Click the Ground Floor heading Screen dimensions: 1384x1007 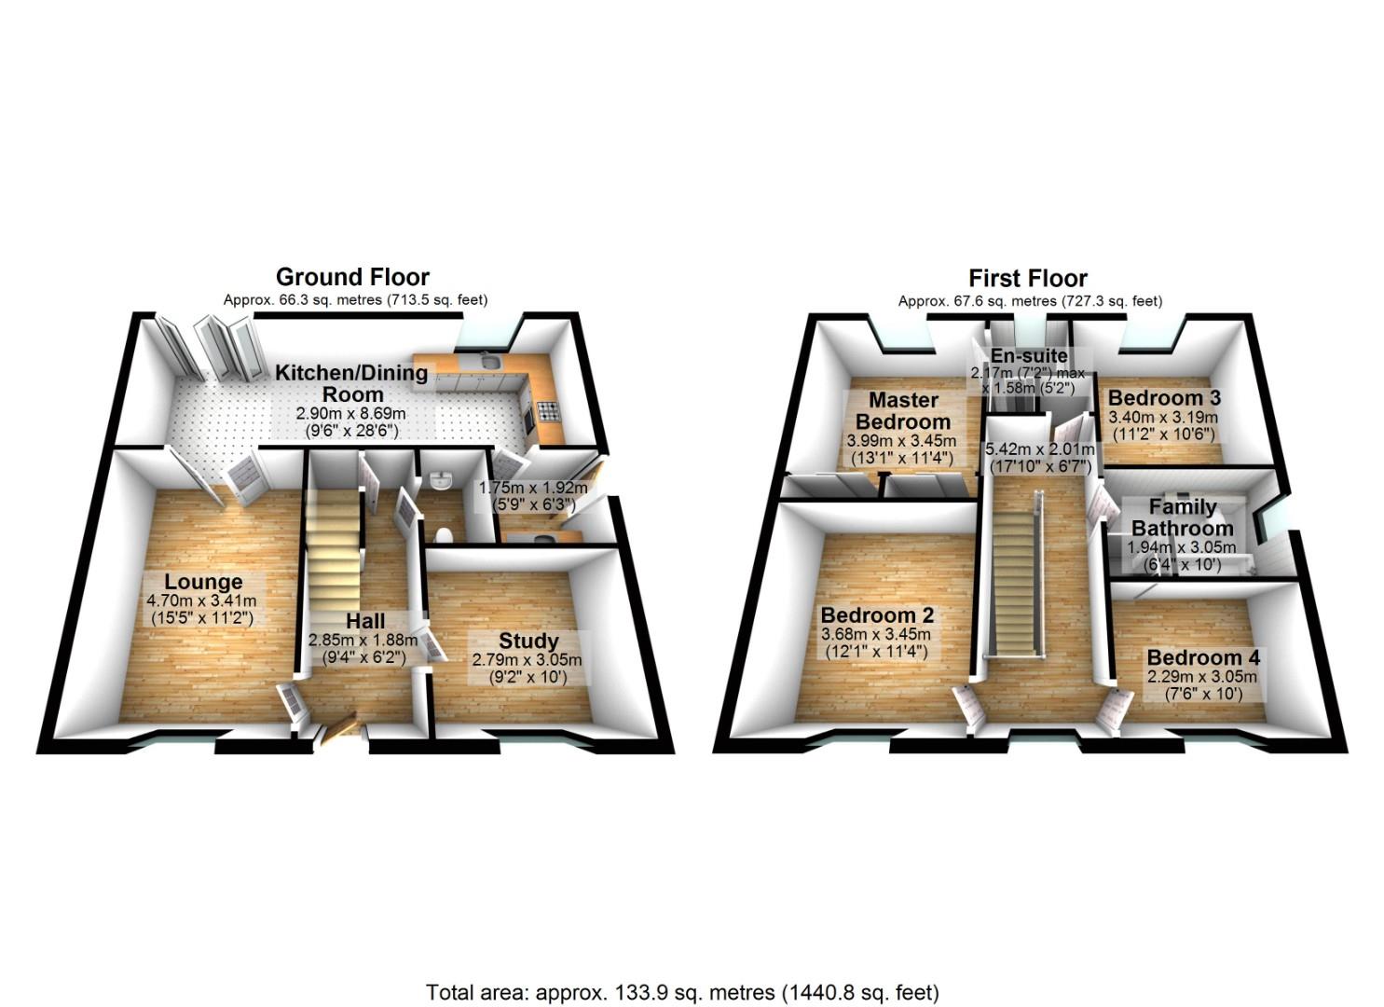352,277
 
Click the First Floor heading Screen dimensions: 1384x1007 1027,278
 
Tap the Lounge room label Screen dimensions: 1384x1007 204,583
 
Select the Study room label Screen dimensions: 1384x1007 528,641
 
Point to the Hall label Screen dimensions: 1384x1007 364,621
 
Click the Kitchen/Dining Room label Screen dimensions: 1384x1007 351,383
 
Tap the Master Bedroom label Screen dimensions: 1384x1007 902,410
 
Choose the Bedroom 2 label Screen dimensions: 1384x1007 877,615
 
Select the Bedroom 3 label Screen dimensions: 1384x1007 1163,397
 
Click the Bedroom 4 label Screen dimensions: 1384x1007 1202,657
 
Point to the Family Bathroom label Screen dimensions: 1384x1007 1182,517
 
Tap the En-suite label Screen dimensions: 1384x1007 1028,356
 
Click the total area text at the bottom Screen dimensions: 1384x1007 682,991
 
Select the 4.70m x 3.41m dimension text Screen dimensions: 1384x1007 201,601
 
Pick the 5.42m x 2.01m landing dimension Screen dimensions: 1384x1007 1039,448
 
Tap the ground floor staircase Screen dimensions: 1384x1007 334,550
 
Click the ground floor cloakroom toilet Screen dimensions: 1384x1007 444,534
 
